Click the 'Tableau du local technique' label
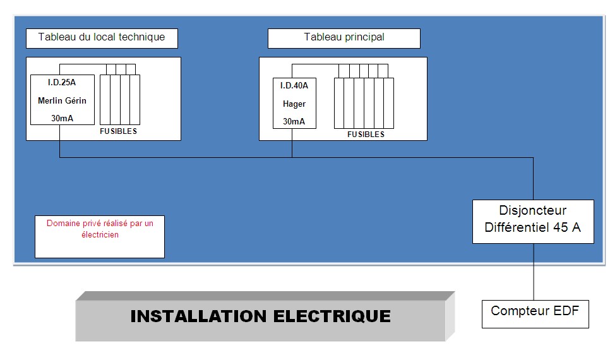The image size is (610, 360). pos(102,37)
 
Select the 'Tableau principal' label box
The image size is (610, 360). pos(344,37)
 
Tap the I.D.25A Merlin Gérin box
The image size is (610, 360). pos(63,100)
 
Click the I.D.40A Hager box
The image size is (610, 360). pos(294,103)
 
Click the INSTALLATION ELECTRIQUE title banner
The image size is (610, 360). pos(261,316)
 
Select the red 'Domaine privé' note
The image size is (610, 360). pos(100,229)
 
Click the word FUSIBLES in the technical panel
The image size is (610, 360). pos(119,131)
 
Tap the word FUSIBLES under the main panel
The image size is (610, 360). pos(366,135)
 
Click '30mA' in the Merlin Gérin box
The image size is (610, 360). pos(63,117)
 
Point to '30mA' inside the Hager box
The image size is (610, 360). pos(294,121)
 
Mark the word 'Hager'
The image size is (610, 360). pos(294,104)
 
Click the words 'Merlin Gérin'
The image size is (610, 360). pos(63,100)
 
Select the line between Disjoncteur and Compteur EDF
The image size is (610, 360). pos(534,272)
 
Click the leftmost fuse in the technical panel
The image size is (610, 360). pos(105,100)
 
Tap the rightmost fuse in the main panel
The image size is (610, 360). pos(390,102)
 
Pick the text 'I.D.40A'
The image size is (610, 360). pos(294,86)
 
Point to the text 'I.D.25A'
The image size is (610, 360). pos(63,82)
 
